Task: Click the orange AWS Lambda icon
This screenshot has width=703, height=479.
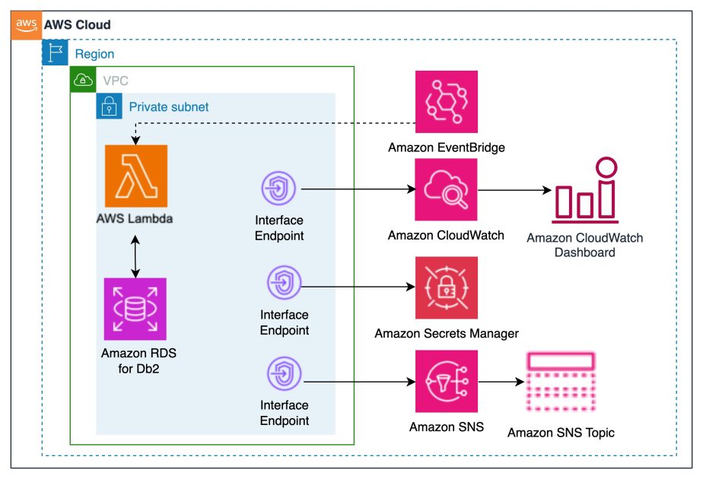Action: (x=136, y=176)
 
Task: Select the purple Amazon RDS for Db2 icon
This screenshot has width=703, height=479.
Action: (x=135, y=309)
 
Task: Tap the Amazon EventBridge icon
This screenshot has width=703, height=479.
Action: (x=447, y=102)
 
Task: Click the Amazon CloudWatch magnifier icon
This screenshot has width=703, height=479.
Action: (x=447, y=190)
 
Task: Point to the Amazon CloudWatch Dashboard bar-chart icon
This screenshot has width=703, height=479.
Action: (x=585, y=190)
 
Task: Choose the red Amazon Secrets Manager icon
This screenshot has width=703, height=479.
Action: (x=447, y=287)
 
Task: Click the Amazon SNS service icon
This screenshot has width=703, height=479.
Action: (x=447, y=380)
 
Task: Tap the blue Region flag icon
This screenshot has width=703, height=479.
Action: (x=54, y=53)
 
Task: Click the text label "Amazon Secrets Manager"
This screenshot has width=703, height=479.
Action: (x=447, y=333)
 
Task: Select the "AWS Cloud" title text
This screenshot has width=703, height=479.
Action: (x=77, y=24)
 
